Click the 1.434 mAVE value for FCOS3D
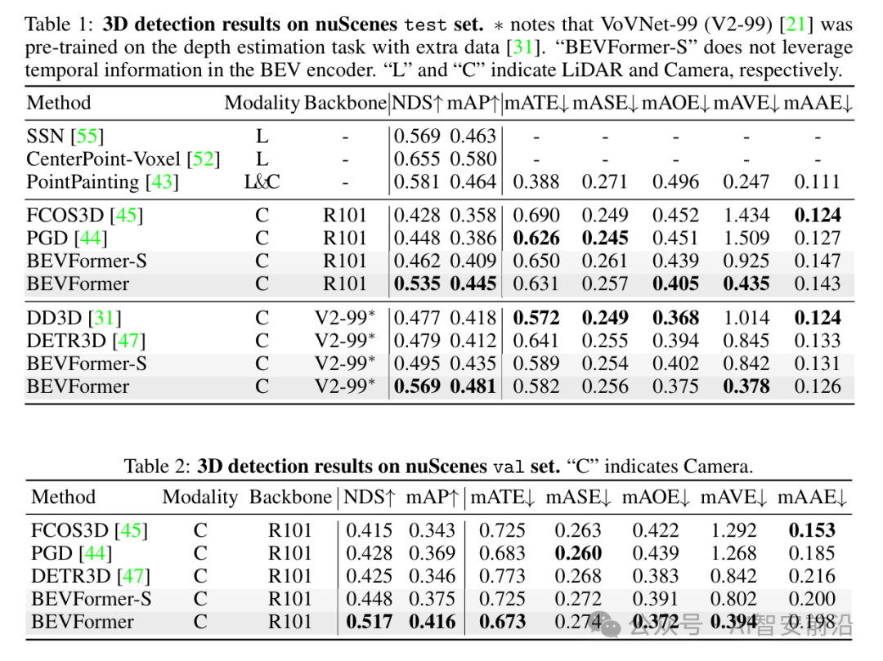pyautogui.click(x=746, y=216)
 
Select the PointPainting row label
pyautogui.click(x=82, y=181)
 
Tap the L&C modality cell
pyautogui.click(x=262, y=181)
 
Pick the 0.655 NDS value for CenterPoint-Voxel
pyautogui.click(x=417, y=159)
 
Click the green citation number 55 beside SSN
pyautogui.click(x=89, y=136)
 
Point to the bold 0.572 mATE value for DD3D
pyautogui.click(x=536, y=318)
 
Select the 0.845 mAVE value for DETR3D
pyautogui.click(x=746, y=341)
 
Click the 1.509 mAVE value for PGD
pyautogui.click(x=746, y=239)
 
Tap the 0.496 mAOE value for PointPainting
pyautogui.click(x=676, y=181)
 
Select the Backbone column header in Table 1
pyautogui.click(x=345, y=103)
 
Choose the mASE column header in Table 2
pyautogui.click(x=578, y=497)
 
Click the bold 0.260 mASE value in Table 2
pyautogui.click(x=578, y=553)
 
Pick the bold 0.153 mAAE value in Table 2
pyautogui.click(x=812, y=530)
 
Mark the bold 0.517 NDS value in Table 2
pyautogui.click(x=369, y=622)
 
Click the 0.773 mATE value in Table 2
pyautogui.click(x=502, y=576)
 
